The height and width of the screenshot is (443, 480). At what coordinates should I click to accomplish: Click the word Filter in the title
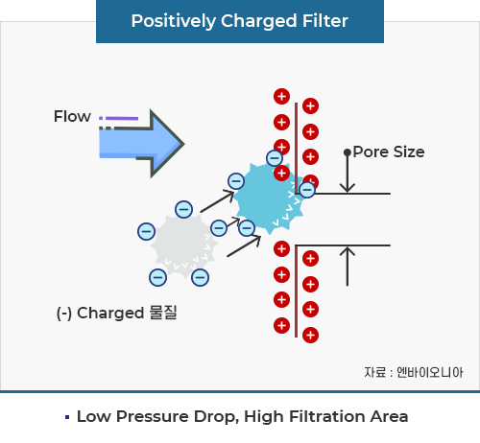pyautogui.click(x=325, y=21)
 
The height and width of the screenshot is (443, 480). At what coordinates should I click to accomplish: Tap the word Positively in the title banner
pyautogui.click(x=173, y=22)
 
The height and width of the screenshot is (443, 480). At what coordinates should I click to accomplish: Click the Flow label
pyautogui.click(x=72, y=116)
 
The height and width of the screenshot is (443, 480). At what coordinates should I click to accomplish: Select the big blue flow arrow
pyautogui.click(x=141, y=144)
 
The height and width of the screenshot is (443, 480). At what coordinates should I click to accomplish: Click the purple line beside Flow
pyautogui.click(x=122, y=118)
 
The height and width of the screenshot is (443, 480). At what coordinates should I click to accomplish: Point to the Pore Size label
pyautogui.click(x=389, y=152)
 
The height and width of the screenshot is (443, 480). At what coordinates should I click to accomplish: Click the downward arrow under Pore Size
pyautogui.click(x=348, y=171)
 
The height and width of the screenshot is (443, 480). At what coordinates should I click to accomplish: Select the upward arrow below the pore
pyautogui.click(x=348, y=266)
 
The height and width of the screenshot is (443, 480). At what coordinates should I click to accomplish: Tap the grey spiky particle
pyautogui.click(x=184, y=245)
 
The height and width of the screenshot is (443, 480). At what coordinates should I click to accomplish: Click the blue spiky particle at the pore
pyautogui.click(x=269, y=198)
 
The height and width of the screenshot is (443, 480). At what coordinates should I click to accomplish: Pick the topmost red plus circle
pyautogui.click(x=281, y=96)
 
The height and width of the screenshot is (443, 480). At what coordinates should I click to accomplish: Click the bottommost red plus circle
pyautogui.click(x=310, y=335)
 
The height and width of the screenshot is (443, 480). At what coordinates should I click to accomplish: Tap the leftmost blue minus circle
pyautogui.click(x=146, y=231)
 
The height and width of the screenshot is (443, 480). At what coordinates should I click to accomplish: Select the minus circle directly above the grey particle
pyautogui.click(x=184, y=209)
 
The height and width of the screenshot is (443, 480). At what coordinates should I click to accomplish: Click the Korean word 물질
pyautogui.click(x=163, y=313)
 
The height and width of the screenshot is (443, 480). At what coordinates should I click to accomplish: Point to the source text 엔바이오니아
pyautogui.click(x=430, y=372)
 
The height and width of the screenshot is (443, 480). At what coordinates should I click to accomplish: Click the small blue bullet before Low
pyautogui.click(x=67, y=417)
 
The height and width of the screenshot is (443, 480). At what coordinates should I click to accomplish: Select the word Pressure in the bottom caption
pyautogui.click(x=153, y=416)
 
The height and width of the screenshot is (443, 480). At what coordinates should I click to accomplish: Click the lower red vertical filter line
pyautogui.click(x=296, y=291)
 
